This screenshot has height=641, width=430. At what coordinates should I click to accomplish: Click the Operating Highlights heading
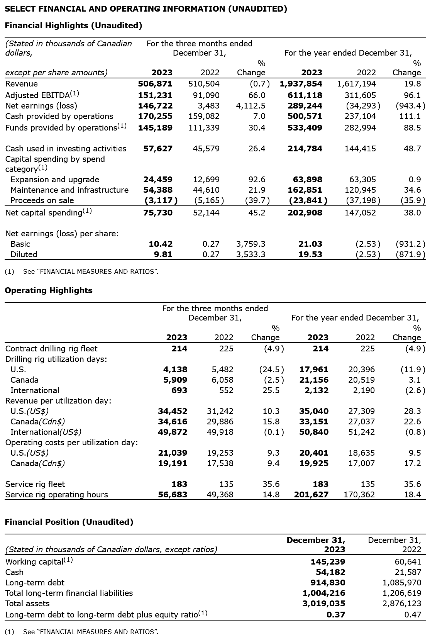(x=49, y=290)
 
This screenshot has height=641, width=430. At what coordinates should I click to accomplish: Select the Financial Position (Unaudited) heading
(x=69, y=522)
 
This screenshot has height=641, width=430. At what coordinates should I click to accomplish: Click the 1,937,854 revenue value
(x=301, y=84)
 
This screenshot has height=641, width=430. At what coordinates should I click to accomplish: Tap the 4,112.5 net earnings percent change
(x=251, y=106)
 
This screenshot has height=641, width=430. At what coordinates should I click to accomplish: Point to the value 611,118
(x=305, y=95)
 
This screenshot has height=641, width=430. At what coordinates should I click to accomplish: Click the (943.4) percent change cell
(x=411, y=106)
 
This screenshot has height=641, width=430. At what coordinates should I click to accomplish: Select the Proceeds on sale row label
(x=42, y=200)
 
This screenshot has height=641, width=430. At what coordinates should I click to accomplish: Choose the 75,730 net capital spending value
(x=158, y=213)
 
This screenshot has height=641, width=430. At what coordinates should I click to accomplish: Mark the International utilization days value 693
(x=179, y=390)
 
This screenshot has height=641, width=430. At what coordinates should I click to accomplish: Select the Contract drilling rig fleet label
(x=51, y=349)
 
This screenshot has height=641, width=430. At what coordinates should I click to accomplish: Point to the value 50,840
(x=314, y=432)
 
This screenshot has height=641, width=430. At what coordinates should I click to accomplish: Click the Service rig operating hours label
(x=56, y=495)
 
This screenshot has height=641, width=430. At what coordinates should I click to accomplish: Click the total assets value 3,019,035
(x=323, y=604)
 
